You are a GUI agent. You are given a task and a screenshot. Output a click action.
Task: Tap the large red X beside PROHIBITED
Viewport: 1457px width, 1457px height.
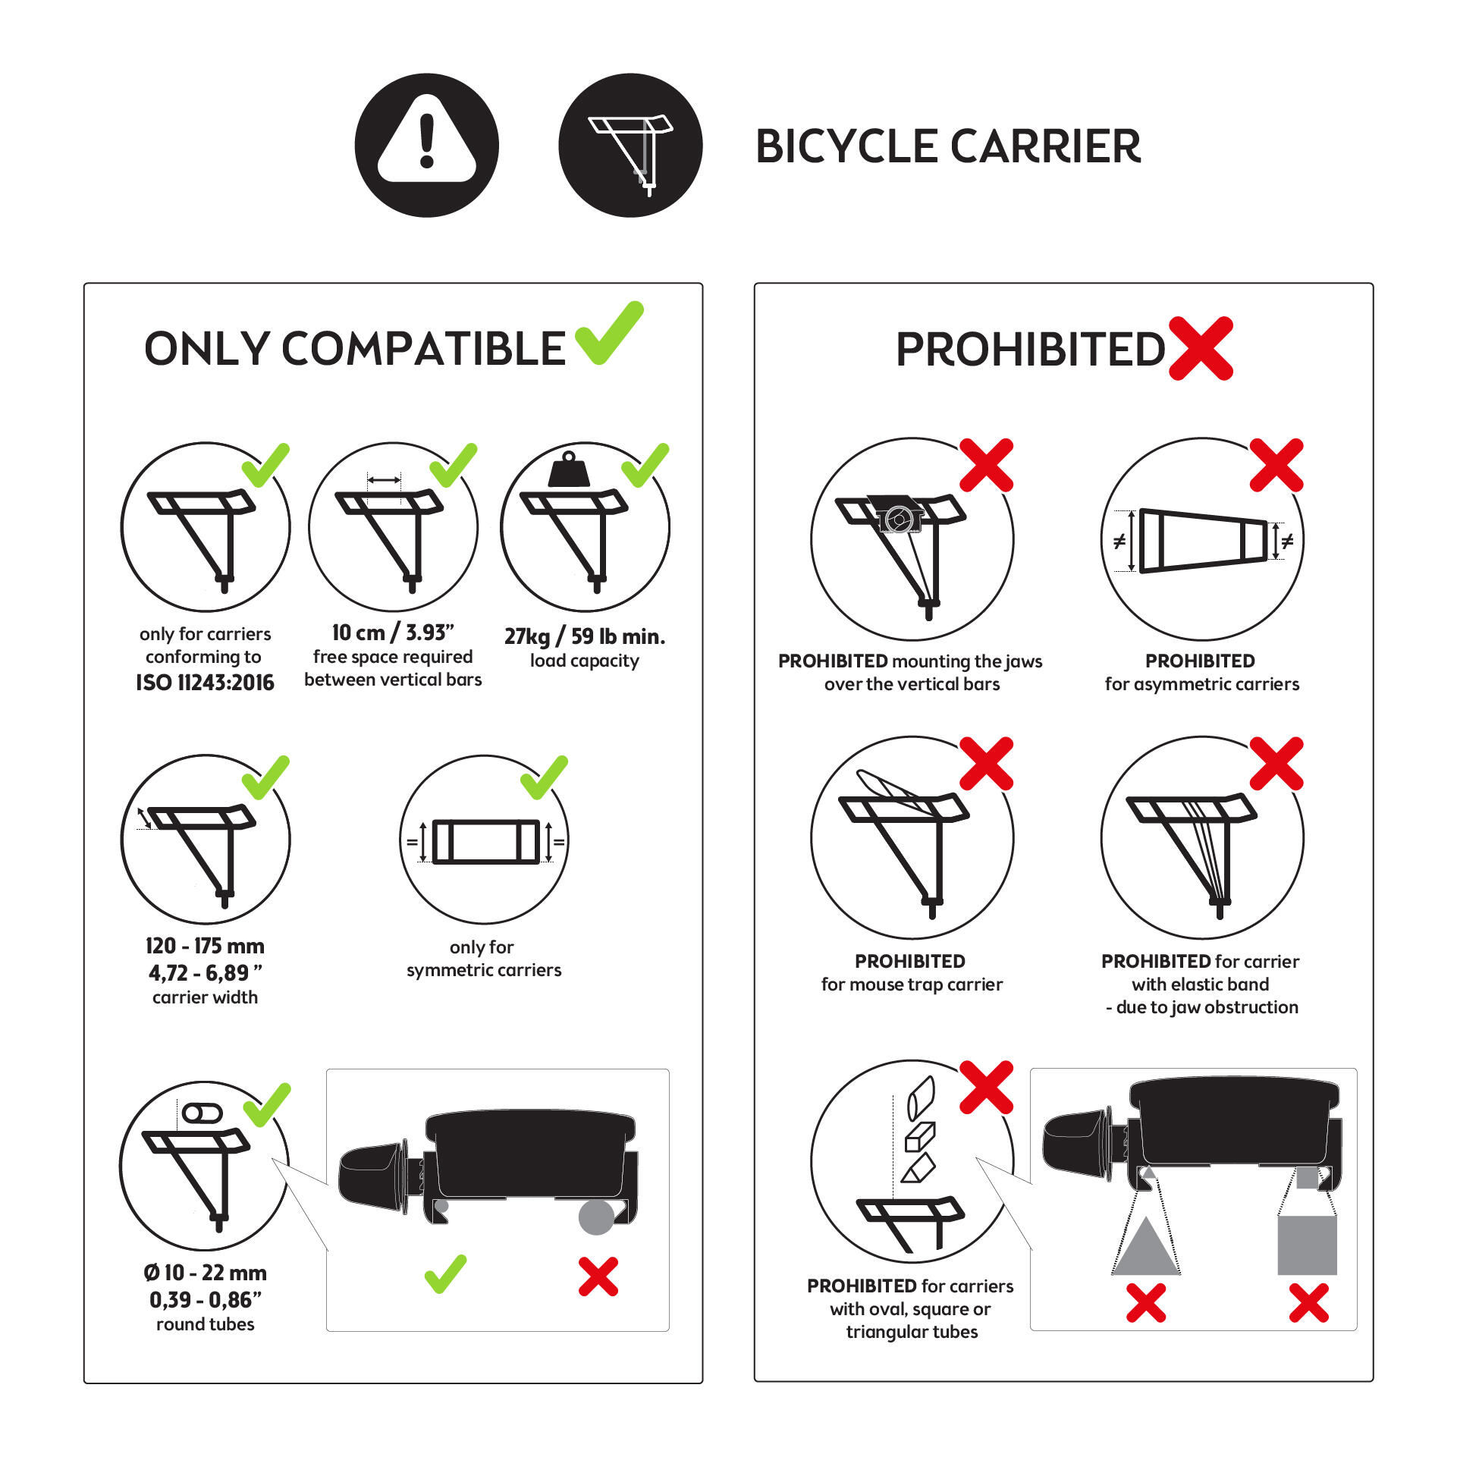pos(1201,348)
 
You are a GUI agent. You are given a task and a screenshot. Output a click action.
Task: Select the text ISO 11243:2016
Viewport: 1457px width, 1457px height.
pos(205,683)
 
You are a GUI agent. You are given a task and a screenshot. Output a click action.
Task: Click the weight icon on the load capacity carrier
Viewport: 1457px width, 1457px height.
pos(569,470)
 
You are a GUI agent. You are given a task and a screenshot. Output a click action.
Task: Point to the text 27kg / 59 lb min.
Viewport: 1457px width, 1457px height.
pos(585,636)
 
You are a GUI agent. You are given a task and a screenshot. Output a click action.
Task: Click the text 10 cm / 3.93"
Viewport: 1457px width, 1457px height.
pos(393,632)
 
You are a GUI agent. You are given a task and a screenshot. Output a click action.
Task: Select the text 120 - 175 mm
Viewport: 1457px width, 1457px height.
pos(205,946)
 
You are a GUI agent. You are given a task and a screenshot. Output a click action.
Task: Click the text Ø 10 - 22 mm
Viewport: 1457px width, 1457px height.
pos(205,1273)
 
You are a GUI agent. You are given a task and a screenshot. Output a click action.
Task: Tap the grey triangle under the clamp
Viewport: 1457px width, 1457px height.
pos(1145,1248)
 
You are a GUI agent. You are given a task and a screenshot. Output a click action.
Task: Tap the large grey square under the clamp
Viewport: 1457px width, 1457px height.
pos(1306,1245)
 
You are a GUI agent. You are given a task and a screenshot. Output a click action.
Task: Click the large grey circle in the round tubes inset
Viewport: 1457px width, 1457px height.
pos(596,1217)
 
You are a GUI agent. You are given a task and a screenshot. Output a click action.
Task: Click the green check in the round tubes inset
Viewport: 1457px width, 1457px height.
pos(445,1273)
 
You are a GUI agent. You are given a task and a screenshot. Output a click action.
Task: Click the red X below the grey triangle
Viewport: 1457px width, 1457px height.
pos(1145,1303)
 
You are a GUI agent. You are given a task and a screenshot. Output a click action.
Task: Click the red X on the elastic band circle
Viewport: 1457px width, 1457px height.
pos(1276,763)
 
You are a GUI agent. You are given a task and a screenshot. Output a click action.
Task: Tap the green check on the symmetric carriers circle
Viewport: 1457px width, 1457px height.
pos(545,777)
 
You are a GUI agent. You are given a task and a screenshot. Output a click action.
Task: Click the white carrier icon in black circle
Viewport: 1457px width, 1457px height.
pos(631,146)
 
